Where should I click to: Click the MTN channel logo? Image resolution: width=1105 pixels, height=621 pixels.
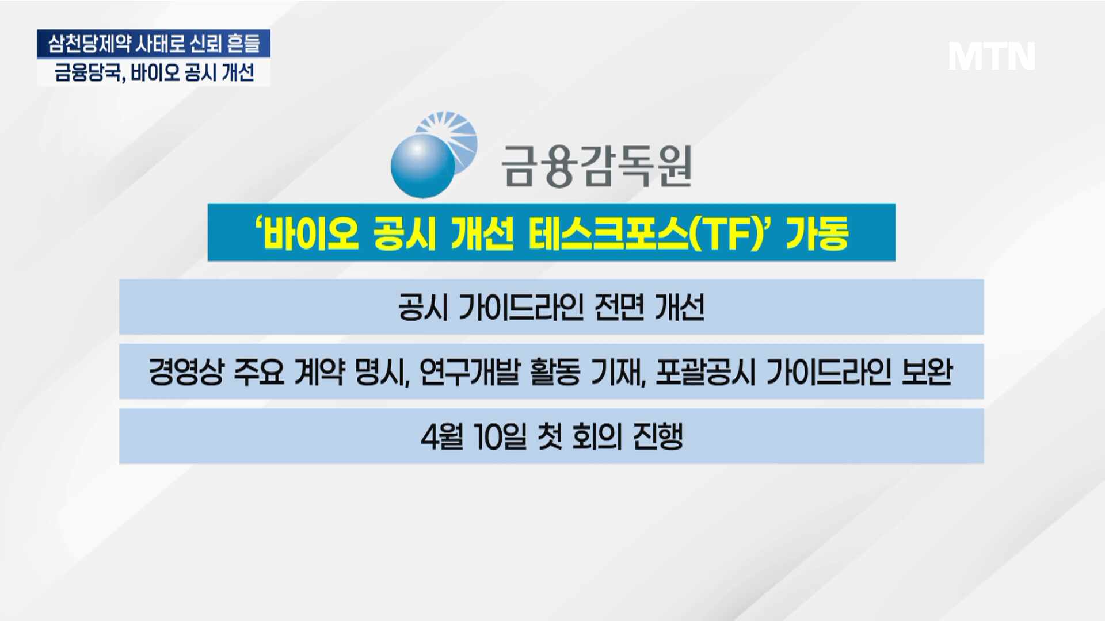(992, 56)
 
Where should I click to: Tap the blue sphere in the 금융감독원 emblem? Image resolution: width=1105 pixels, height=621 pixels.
(423, 166)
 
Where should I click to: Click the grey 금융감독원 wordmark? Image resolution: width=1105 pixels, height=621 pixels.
(596, 166)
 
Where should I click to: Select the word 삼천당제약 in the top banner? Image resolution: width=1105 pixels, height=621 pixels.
(89, 44)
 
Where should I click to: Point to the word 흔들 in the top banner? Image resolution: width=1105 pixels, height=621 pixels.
(243, 44)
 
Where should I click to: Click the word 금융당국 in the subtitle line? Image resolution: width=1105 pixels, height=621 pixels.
(88, 73)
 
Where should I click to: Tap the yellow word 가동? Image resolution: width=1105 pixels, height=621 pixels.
(817, 233)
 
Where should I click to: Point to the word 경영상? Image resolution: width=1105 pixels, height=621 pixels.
(186, 371)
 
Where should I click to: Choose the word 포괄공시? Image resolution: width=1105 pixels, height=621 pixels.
(705, 371)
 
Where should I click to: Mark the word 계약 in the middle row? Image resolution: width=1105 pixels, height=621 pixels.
(319, 371)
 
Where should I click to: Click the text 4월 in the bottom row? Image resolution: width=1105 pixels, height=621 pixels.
(442, 437)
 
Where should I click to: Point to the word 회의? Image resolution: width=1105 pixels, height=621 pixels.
(597, 437)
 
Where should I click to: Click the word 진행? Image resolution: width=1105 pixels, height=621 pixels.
(658, 437)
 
